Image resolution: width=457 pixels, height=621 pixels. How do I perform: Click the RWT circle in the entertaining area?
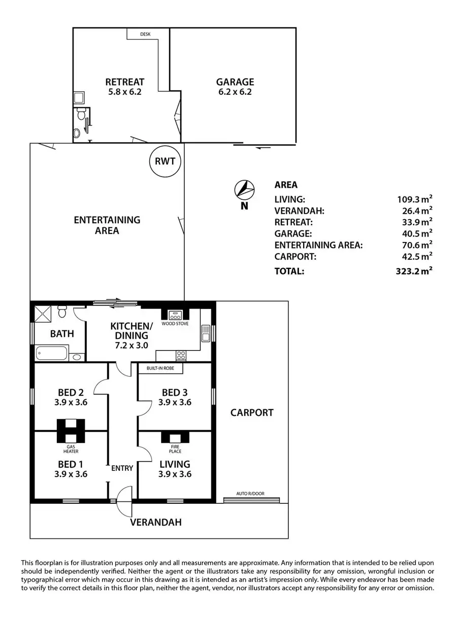[x=165, y=161]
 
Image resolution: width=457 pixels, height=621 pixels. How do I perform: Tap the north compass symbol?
[x=244, y=190]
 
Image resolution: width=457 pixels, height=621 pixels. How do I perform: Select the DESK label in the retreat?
[x=145, y=34]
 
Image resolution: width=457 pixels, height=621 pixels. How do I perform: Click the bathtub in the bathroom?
[x=52, y=353]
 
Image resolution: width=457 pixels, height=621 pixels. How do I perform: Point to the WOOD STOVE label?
[x=175, y=324]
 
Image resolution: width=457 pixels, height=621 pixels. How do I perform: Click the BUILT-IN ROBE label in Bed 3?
[x=160, y=368]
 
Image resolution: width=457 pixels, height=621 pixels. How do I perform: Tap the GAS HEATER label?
[x=71, y=449]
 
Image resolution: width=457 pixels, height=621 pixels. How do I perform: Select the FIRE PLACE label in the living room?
[x=175, y=449]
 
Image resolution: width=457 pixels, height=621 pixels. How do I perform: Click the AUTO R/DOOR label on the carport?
[x=250, y=494]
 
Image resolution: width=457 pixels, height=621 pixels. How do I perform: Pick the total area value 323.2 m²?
[x=414, y=271]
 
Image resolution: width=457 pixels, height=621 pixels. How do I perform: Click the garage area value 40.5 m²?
[x=417, y=233]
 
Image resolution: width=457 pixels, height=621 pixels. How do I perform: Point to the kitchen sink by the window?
[x=206, y=333]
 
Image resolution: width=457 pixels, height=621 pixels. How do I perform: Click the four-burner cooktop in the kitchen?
[x=181, y=356]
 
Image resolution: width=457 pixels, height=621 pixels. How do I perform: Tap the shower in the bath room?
[x=43, y=314]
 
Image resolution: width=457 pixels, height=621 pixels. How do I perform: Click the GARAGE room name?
[x=235, y=82]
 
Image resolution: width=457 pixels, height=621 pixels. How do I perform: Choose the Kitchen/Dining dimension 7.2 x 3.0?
[x=132, y=346]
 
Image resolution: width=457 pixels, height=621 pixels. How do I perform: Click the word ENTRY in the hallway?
[x=122, y=468]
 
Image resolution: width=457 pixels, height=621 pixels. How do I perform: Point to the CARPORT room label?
[x=252, y=413]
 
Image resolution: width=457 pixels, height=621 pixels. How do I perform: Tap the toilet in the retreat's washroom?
[x=81, y=114]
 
